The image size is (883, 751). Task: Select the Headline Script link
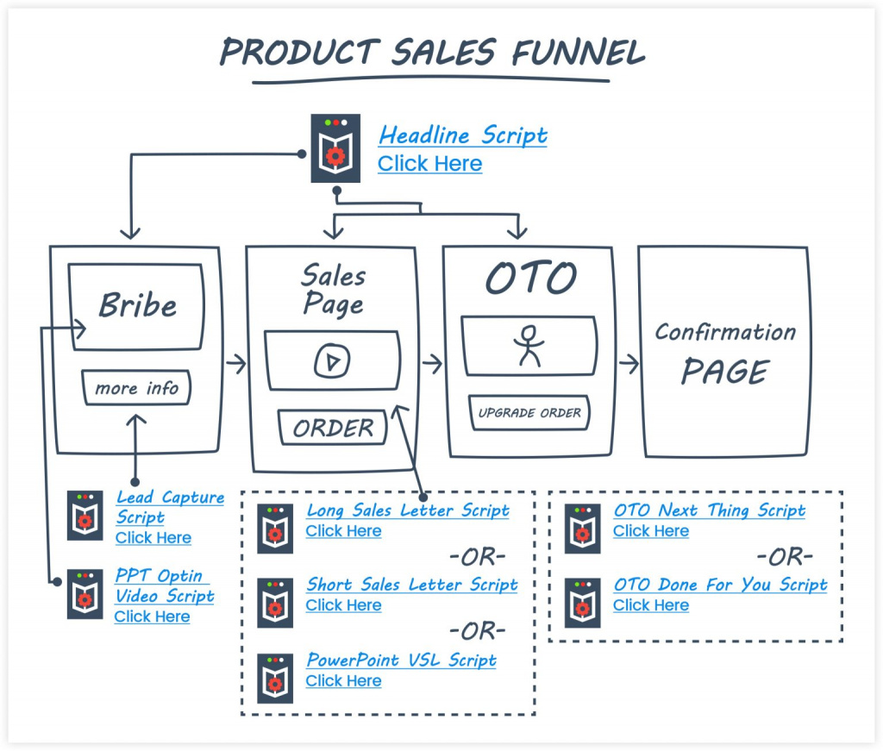462,135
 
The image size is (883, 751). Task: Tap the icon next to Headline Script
335,148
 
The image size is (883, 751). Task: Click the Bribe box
138,305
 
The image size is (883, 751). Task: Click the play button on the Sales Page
332,361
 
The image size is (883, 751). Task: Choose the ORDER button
333,428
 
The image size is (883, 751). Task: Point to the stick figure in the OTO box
528,346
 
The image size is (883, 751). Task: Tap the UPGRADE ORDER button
529,413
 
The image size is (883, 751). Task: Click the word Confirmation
725,332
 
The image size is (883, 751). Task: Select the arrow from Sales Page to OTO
432,363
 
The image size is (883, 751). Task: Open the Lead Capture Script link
170,507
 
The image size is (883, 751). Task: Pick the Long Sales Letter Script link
408,510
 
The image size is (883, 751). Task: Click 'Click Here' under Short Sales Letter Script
343,605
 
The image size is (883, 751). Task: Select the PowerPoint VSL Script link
401,660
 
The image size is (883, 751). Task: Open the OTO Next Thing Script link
709,510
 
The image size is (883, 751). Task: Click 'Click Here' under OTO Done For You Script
650,605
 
